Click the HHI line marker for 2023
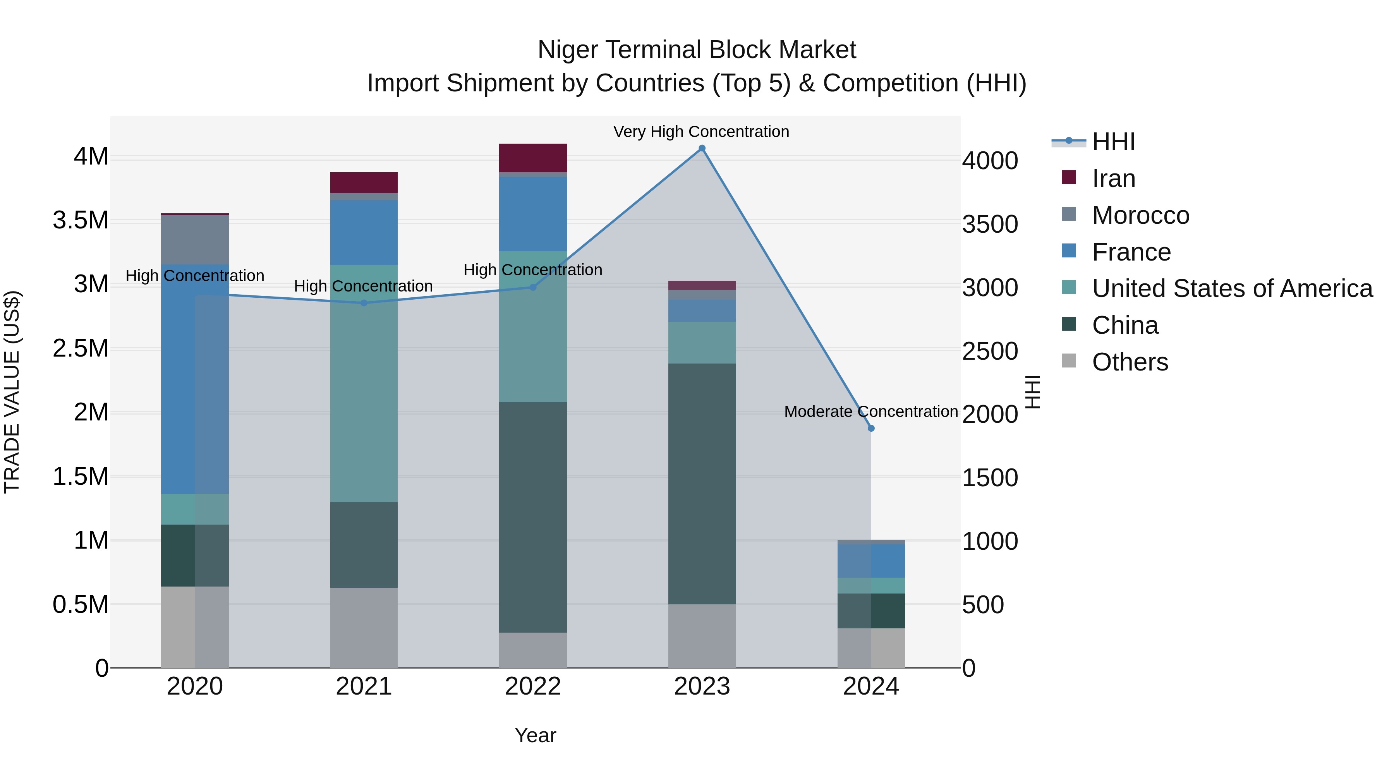[702, 148]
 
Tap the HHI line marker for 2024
[871, 428]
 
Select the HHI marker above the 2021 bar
[364, 303]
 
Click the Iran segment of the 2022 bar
[532, 158]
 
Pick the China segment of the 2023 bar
[702, 483]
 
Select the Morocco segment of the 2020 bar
[195, 239]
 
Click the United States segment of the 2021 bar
[364, 383]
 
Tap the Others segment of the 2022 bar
[532, 650]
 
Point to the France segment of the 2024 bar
[871, 561]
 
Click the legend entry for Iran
[1114, 178]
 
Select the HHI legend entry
[1113, 142]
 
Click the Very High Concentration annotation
[701, 132]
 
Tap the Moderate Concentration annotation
[871, 412]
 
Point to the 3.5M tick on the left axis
[80, 220]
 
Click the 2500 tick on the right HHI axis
[990, 351]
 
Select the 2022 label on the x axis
[532, 686]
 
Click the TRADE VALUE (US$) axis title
[12, 392]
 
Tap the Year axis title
[535, 735]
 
